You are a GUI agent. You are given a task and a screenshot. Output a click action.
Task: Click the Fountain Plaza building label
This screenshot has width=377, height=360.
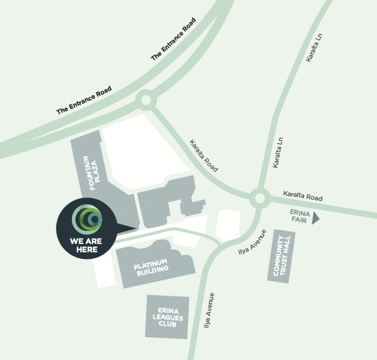(x=90, y=173)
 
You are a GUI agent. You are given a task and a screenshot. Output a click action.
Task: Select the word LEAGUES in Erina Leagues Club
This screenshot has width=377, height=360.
(x=167, y=317)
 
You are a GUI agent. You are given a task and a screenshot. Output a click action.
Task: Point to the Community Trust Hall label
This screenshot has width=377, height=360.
(x=281, y=255)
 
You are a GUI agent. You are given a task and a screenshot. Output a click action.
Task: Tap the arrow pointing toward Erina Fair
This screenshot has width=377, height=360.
(x=315, y=218)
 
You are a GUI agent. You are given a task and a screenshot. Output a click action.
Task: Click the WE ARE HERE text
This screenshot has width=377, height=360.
(x=83, y=245)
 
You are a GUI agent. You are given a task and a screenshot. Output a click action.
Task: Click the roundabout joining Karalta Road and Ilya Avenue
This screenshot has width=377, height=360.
(x=259, y=198)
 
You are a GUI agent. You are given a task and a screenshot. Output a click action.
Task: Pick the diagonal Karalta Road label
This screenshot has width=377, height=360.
(x=204, y=156)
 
